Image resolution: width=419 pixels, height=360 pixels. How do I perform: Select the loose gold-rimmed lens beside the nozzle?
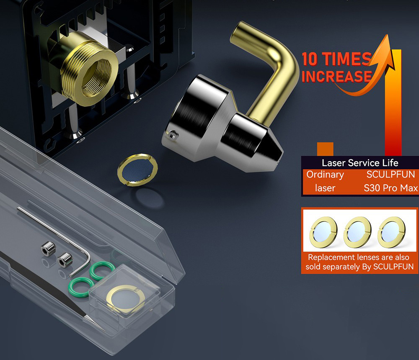pos(137,170)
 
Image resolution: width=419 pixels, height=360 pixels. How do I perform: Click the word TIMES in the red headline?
pos(347,59)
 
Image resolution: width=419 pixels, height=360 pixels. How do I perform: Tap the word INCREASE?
pos(337,76)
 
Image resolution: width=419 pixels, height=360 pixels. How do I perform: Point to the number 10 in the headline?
pos(310,59)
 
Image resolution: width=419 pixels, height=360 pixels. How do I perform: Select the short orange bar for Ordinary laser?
pos(325,149)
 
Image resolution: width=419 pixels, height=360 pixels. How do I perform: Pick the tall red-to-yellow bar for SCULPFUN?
pos(393,103)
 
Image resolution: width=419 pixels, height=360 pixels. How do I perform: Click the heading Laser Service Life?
pos(360,163)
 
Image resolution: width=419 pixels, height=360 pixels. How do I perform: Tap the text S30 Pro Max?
pos(391,188)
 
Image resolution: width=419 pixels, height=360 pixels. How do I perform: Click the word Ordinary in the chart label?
pos(325,175)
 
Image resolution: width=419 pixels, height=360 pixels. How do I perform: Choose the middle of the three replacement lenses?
pos(357,232)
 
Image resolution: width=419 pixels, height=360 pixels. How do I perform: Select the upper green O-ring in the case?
pos(102,270)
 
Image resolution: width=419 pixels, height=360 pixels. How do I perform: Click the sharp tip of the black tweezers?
pos(104,331)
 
